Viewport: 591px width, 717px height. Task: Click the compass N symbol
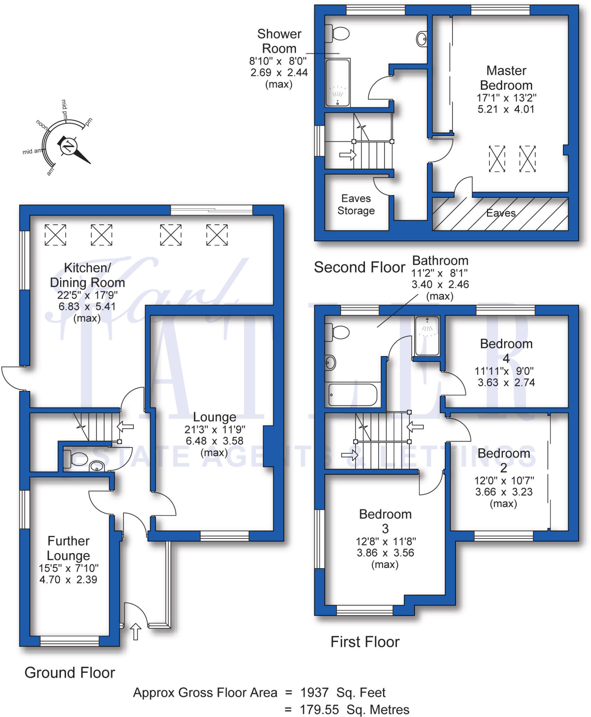click(68, 146)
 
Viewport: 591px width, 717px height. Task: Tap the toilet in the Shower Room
click(338, 34)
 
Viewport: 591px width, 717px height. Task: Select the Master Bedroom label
click(506, 78)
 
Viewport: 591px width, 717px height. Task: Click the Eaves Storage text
click(356, 204)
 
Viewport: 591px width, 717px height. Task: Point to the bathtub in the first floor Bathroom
click(353, 395)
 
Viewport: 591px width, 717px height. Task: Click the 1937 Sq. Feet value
click(343, 692)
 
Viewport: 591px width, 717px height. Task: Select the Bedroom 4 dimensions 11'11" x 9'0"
click(504, 371)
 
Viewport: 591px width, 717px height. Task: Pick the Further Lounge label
click(69, 548)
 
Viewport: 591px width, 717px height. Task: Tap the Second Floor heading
click(359, 267)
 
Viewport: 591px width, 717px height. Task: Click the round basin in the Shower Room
click(422, 39)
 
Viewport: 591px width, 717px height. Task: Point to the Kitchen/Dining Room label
click(87, 275)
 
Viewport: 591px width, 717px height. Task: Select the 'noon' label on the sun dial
click(42, 125)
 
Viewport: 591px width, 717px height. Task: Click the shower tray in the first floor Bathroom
click(427, 335)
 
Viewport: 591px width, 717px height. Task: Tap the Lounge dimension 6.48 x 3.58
click(214, 441)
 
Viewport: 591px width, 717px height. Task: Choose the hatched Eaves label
click(501, 213)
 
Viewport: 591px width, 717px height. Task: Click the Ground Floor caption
click(70, 673)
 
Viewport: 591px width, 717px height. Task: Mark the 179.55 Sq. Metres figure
click(354, 710)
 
